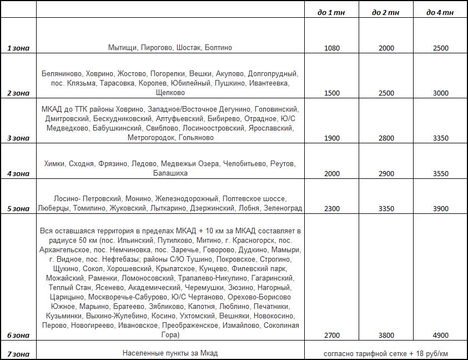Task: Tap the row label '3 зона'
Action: [x=18, y=138]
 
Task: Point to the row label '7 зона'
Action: [x=18, y=354]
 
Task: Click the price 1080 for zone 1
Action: [x=332, y=48]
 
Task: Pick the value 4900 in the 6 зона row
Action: [x=440, y=336]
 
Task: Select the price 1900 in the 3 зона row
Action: [x=332, y=138]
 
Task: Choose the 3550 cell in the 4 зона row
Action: [x=440, y=173]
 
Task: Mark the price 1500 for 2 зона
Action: [x=332, y=93]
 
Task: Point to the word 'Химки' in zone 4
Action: [x=54, y=164]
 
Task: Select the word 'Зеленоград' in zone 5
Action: [x=284, y=209]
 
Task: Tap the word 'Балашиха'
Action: [x=170, y=173]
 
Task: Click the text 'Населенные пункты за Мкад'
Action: [x=170, y=353]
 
